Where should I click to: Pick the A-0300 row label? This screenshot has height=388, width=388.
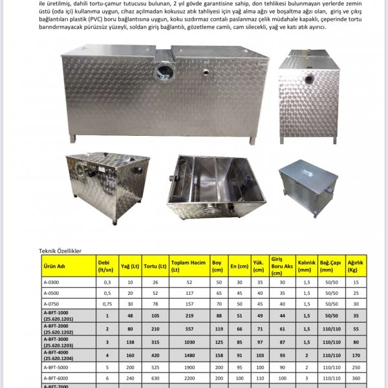(x=50, y=283)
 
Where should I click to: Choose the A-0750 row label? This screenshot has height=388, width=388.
(x=50, y=303)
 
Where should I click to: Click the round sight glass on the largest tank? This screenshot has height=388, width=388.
(x=164, y=72)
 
